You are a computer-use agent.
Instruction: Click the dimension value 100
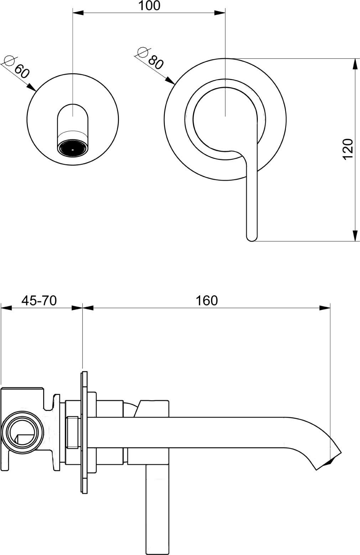(x=149, y=6)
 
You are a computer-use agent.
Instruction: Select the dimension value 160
(x=207, y=301)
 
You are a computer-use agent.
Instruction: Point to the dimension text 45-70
(x=39, y=301)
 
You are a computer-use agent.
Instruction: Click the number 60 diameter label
(x=22, y=72)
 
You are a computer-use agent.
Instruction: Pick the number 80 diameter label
(x=156, y=62)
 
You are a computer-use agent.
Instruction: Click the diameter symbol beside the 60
(x=9, y=60)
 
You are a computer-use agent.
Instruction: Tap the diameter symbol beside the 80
(x=142, y=52)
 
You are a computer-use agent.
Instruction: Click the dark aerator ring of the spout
(x=73, y=150)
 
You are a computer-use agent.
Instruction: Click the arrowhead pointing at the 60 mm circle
(x=32, y=87)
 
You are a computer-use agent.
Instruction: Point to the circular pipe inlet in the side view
(x=22, y=430)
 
